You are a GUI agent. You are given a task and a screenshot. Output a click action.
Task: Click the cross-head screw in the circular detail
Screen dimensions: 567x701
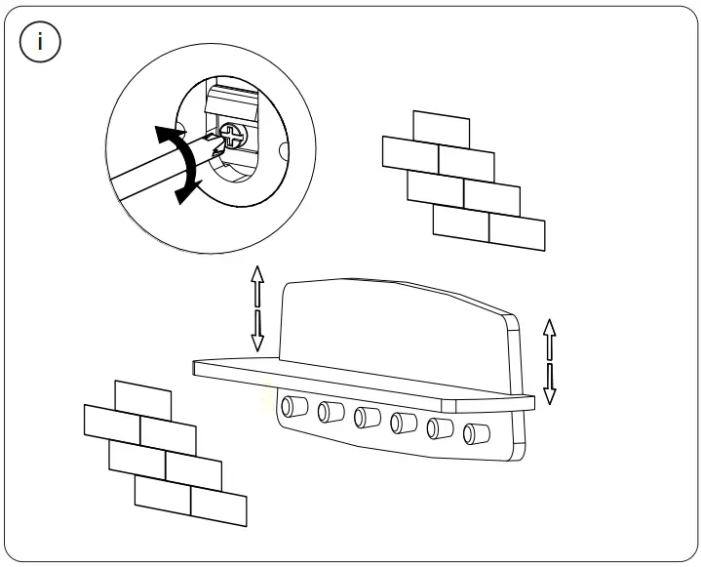click(x=235, y=135)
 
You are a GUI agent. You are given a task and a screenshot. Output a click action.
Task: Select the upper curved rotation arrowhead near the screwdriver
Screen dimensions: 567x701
click(x=171, y=135)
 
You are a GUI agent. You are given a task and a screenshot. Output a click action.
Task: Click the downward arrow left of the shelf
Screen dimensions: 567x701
click(x=258, y=332)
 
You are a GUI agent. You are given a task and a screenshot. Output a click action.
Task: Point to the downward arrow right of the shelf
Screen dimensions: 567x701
click(x=549, y=385)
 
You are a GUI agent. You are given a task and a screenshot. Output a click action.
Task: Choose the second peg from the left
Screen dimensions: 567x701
click(x=329, y=411)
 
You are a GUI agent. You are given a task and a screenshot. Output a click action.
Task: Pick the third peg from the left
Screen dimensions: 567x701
click(x=366, y=417)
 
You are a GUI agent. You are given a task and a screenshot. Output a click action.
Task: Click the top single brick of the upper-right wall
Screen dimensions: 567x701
click(x=441, y=128)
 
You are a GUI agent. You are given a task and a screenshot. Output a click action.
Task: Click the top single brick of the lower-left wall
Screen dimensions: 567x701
click(x=142, y=398)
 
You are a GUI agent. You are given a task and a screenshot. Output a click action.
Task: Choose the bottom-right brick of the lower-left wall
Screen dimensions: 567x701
click(x=218, y=506)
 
